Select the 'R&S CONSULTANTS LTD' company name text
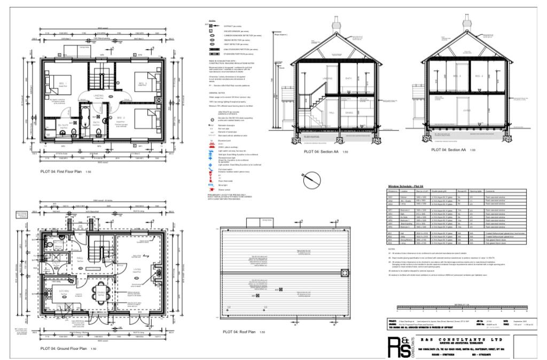(x=462, y=340)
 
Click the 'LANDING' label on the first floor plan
(x=99, y=96)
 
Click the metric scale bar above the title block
(x=463, y=308)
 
